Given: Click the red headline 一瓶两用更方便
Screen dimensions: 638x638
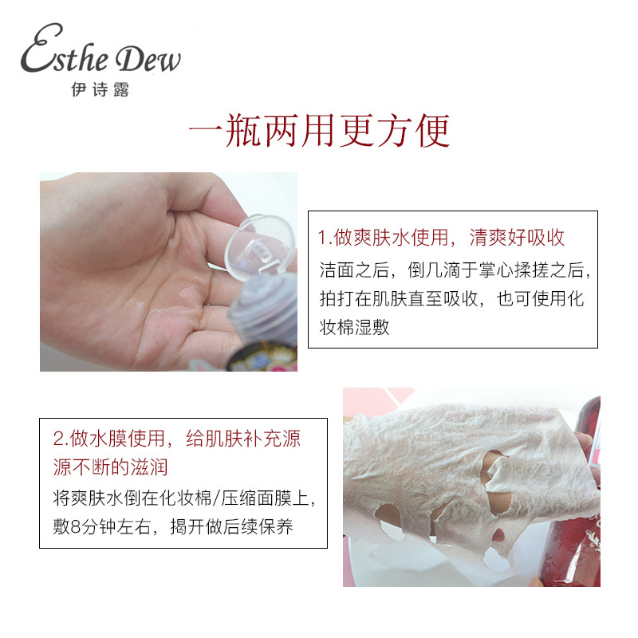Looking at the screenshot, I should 319,131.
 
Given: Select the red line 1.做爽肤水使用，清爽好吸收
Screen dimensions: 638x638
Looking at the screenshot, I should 441,238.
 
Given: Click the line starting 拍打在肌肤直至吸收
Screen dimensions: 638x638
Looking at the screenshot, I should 451,298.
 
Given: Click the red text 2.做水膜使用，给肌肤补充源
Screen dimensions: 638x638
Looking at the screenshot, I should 176,439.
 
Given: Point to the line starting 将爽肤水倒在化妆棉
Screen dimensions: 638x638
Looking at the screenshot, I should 184,498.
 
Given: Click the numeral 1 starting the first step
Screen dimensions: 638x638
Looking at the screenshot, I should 321,238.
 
